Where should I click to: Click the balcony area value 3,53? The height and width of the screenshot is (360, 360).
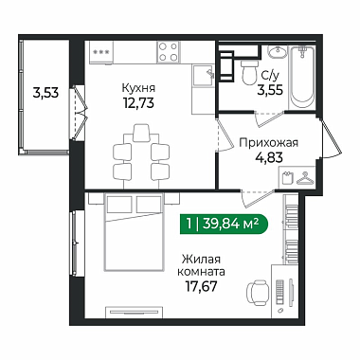tap(45, 93)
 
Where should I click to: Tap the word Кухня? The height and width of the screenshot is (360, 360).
tap(138, 87)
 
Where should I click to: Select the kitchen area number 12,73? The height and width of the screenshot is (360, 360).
tap(138, 102)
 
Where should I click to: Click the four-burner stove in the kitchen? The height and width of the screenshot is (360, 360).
tap(169, 52)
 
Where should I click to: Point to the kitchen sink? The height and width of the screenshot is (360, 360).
tap(204, 75)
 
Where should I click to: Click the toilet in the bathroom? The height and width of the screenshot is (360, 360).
tap(249, 72)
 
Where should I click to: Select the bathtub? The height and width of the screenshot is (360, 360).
tap(302, 78)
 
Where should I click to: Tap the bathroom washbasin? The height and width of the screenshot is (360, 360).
tap(278, 51)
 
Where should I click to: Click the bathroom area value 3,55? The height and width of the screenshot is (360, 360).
tap(270, 90)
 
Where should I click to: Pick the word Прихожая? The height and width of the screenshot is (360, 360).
tap(268, 143)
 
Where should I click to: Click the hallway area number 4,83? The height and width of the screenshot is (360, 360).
tap(269, 157)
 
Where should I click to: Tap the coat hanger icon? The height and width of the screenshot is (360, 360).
tap(305, 178)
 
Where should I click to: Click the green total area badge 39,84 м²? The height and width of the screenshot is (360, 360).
tap(224, 225)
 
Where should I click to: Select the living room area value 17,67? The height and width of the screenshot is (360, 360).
tap(202, 286)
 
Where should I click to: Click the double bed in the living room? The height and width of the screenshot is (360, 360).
tap(135, 232)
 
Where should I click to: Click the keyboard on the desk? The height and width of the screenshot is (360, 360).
tap(280, 292)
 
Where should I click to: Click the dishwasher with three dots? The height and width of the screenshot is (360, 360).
tap(101, 52)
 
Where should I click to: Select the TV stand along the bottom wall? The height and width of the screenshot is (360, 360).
tap(134, 312)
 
